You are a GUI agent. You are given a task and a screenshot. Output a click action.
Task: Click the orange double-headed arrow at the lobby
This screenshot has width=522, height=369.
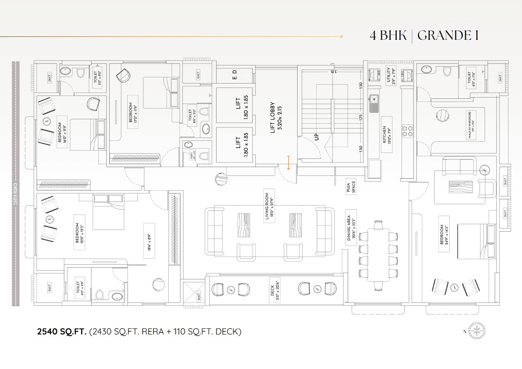coord(288,163)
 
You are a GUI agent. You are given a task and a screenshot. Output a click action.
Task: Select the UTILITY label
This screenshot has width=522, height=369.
coord(390,75)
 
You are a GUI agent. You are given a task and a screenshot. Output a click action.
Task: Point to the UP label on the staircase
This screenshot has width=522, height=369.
coord(317,137)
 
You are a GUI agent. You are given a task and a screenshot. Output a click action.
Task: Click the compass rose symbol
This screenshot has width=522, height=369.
coord(477,331)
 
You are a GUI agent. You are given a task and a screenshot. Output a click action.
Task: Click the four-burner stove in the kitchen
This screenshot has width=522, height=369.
coord(408,131)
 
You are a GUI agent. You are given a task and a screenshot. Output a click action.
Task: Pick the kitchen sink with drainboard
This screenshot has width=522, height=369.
coord(373,103)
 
